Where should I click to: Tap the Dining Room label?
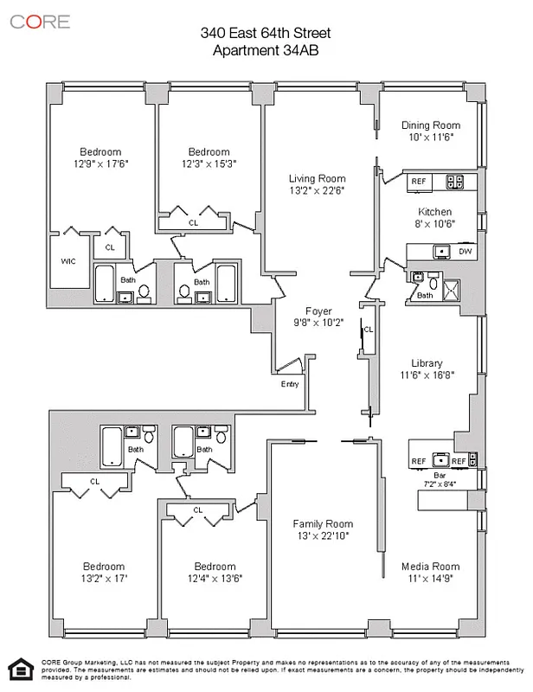431,125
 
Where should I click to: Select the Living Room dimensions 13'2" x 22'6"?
317,191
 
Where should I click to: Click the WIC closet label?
69,260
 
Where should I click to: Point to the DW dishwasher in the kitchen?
465,252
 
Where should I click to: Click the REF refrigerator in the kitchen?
419,182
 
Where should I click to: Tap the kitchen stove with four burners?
454,182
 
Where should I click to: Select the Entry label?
289,384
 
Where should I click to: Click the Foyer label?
318,311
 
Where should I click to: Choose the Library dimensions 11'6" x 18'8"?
427,375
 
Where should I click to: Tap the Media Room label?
430,567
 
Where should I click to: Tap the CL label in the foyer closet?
369,330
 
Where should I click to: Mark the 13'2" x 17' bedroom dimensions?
104,579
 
